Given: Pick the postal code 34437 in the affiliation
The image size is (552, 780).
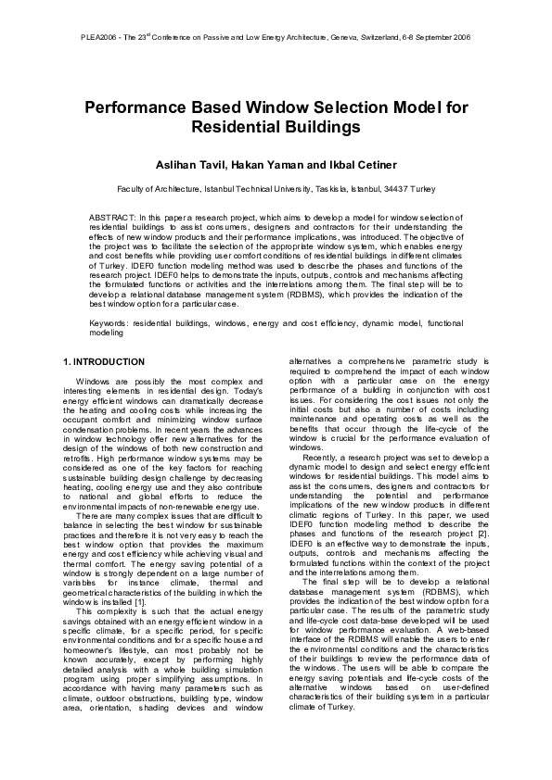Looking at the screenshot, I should point(398,189).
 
